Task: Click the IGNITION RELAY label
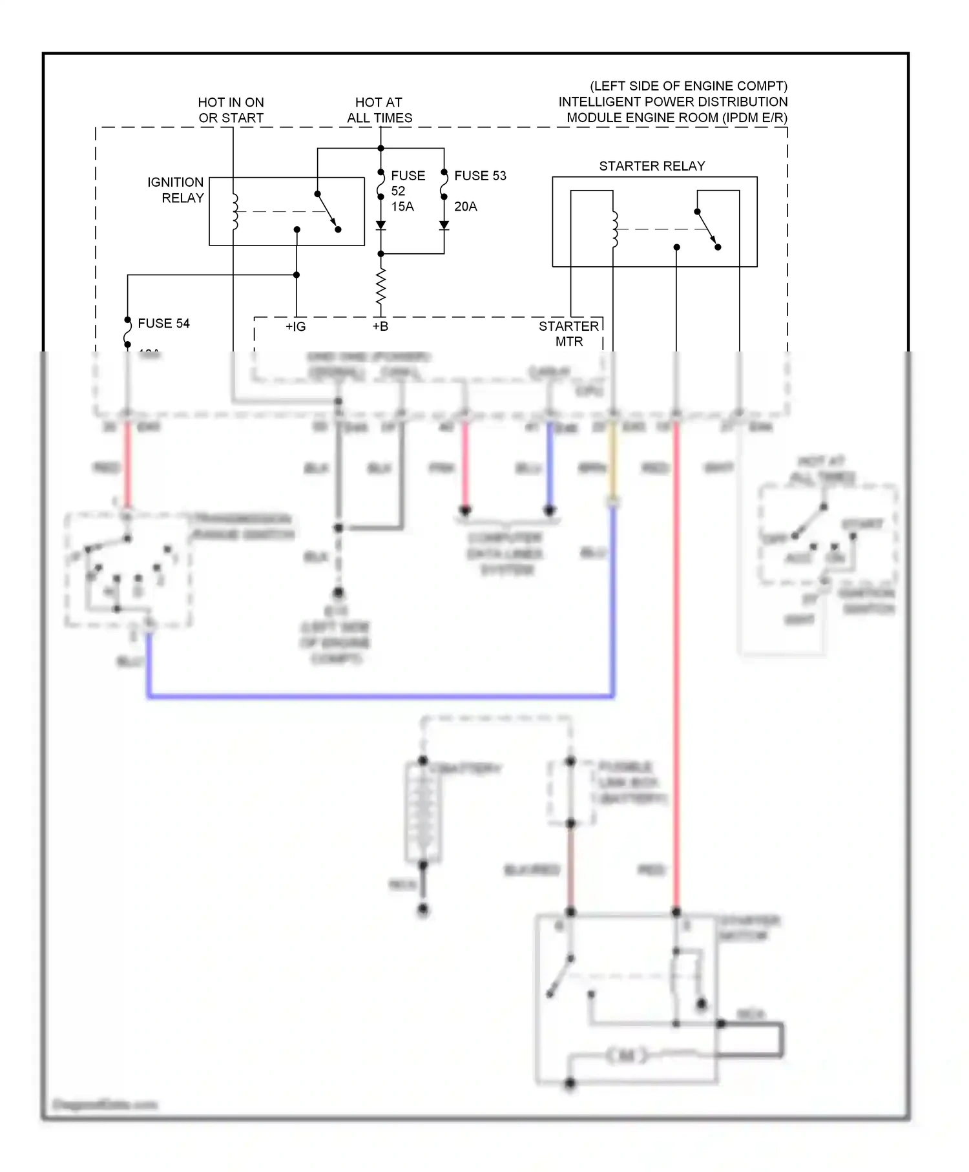(176, 190)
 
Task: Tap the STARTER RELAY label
(651, 166)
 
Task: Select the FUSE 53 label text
(480, 176)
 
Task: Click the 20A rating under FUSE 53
(465, 207)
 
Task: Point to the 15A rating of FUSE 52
(402, 207)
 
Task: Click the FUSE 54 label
(163, 323)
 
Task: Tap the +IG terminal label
(295, 327)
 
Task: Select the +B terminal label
(380, 327)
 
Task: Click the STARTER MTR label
(568, 333)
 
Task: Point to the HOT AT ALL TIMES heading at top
(379, 110)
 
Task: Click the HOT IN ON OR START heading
(231, 110)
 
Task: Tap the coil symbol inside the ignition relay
(234, 211)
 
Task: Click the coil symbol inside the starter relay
(614, 229)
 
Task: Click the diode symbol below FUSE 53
(444, 225)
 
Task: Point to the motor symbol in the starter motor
(625, 1056)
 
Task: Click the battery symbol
(423, 812)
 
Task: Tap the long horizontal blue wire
(381, 696)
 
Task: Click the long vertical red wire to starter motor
(676, 678)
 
